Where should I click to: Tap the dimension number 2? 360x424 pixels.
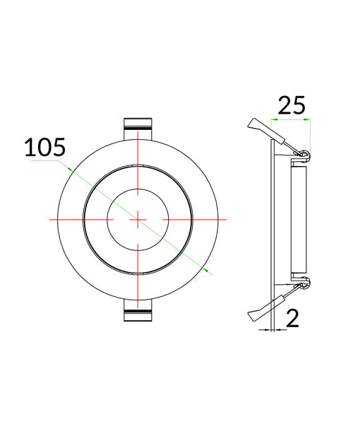tap(293, 317)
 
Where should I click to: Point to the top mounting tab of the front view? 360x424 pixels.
tap(138, 128)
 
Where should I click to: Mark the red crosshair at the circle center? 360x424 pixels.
tap(138, 220)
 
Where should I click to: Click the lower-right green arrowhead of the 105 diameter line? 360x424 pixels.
tap(205, 269)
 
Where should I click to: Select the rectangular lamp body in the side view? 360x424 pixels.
tap(296, 220)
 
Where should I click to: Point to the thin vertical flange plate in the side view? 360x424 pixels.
tap(274, 220)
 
